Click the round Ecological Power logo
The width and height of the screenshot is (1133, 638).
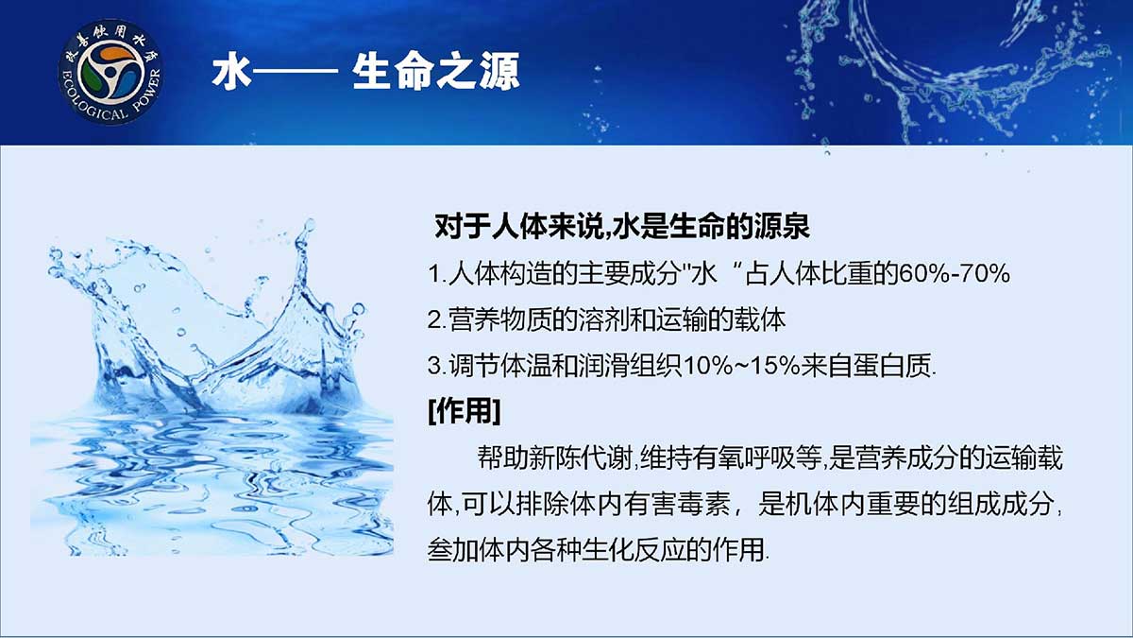coord(110,72)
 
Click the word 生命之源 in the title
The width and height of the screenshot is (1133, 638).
coord(436,72)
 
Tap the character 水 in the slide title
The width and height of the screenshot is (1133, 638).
coord(231,72)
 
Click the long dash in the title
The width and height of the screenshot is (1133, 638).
coord(295,72)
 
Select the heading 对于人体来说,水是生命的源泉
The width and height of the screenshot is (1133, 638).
coord(622,226)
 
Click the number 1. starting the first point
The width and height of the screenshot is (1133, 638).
coord(436,274)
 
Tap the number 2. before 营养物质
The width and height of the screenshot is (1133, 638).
coord(436,320)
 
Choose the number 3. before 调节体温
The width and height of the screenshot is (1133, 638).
coord(436,366)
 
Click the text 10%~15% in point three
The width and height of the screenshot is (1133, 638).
coord(741,366)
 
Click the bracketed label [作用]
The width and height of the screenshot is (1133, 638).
coord(465,410)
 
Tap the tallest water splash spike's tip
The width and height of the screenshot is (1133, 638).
coord(308,222)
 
